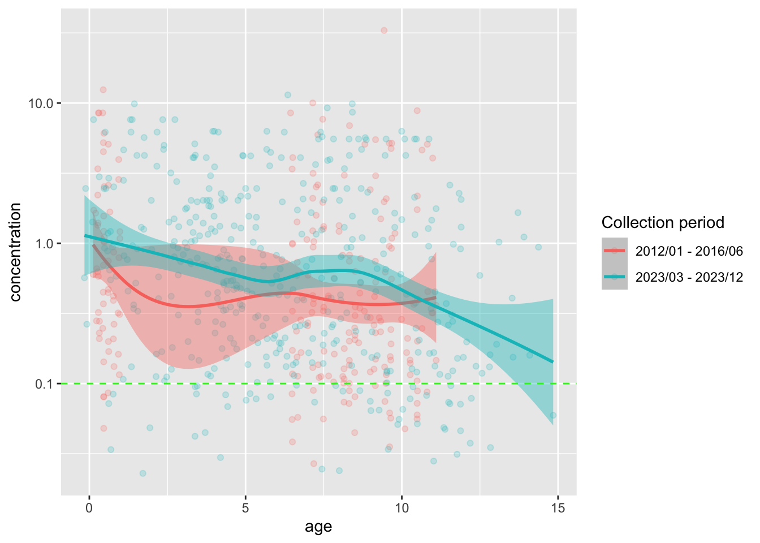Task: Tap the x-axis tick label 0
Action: [x=89, y=508]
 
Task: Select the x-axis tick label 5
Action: [x=245, y=508]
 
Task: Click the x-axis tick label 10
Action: [x=401, y=508]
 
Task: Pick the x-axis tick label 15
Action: [x=558, y=508]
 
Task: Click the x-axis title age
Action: [x=318, y=527]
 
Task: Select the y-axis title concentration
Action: [x=15, y=252]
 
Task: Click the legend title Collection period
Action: [x=663, y=222]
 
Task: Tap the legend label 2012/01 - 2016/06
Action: [x=689, y=251]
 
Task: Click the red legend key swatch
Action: [x=614, y=251]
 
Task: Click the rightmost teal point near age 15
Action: [x=552, y=415]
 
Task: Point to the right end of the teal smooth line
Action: [x=552, y=362]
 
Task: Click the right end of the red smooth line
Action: [x=436, y=297]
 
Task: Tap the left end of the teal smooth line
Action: [x=85, y=235]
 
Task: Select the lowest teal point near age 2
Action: [x=143, y=473]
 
